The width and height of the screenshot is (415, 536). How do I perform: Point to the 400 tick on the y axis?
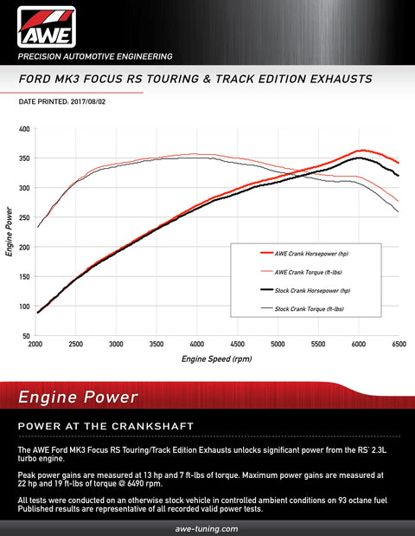(24, 129)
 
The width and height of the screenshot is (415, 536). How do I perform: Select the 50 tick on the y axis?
(26, 335)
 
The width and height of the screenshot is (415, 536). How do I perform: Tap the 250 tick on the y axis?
(24, 217)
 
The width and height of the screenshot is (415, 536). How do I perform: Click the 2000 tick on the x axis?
(36, 345)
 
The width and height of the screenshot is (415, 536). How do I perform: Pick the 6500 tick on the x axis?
(398, 345)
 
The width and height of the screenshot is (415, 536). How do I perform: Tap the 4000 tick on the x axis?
(197, 345)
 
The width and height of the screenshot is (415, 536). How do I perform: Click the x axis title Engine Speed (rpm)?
(216, 358)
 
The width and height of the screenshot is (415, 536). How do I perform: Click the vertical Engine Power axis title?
(9, 232)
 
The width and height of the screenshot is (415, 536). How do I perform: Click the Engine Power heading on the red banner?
(78, 397)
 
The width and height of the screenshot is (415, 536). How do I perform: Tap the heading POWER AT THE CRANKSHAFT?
(105, 426)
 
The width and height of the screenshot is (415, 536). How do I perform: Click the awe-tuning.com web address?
(207, 527)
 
